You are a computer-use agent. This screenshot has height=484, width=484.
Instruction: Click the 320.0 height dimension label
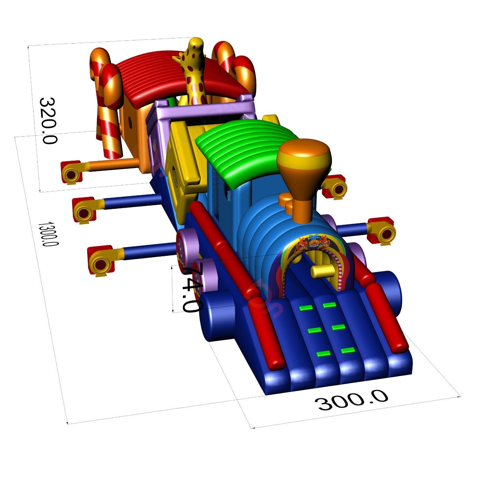click(48, 121)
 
